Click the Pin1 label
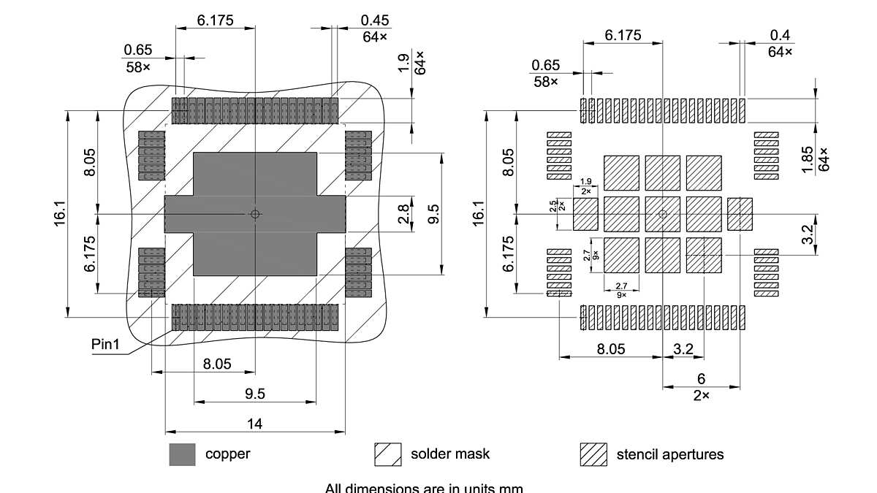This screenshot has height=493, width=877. point(105,343)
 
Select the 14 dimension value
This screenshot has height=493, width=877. point(254,423)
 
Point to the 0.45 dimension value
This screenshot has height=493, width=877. point(375,20)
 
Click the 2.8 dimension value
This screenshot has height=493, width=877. point(403,214)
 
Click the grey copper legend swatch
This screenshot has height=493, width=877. point(182,454)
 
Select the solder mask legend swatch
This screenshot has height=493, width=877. point(388,454)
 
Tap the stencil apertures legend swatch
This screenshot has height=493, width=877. point(593,454)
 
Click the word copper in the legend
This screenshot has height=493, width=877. point(227,454)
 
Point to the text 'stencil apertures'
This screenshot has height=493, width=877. point(669,454)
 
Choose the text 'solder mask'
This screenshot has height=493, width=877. point(450,454)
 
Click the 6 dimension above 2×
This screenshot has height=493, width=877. point(701,378)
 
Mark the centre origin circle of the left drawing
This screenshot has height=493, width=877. point(254,214)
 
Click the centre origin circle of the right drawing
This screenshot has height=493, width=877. point(663,214)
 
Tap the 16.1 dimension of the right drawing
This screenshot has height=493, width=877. point(479,214)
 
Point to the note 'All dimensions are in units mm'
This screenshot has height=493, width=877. point(424,488)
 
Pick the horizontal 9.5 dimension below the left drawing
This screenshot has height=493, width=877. point(254,394)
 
